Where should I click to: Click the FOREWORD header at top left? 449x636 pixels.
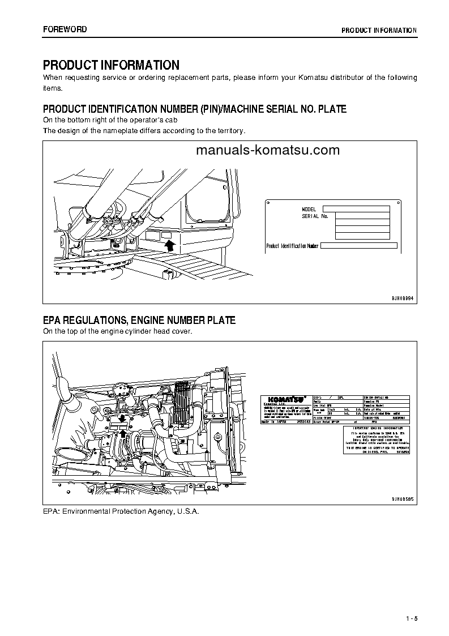(x=65, y=29)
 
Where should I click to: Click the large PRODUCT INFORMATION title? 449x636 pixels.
(x=111, y=65)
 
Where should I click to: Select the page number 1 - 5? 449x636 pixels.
(x=411, y=618)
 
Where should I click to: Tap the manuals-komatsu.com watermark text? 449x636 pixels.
(x=268, y=150)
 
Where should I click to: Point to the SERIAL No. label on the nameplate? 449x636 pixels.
(x=315, y=216)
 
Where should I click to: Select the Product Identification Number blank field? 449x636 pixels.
(x=359, y=246)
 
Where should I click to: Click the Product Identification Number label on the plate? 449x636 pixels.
(x=293, y=246)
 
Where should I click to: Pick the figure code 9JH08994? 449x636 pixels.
(x=403, y=297)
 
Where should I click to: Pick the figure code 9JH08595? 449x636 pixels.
(x=403, y=498)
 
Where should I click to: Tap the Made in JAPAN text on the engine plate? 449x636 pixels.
(x=274, y=422)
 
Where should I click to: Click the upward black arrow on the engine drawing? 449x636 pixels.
(x=121, y=434)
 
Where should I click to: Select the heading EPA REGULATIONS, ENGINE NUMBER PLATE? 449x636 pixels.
(x=139, y=321)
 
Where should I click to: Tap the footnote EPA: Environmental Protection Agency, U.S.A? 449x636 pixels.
(x=121, y=511)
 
